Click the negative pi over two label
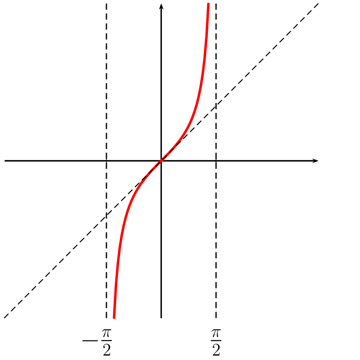97,341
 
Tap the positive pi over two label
216,341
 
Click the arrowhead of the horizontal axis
316,160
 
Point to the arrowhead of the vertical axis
161,6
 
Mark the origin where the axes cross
161,160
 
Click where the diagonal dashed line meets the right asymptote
216,106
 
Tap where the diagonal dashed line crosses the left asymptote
106,215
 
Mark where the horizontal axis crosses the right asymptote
216,160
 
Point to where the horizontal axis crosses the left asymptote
106,160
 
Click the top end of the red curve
207,4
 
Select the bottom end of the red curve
114,317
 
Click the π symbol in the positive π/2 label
216,333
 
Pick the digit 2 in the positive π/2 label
216,350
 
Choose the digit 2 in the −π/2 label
106,350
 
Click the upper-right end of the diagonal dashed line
318,4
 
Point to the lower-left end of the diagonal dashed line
4,317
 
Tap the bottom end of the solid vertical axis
161,317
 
